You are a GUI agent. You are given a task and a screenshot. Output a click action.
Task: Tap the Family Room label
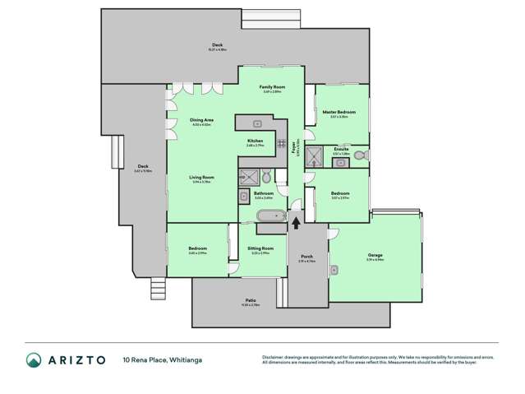[x=272, y=88]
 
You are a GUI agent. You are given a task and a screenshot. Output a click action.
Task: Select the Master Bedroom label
[x=338, y=113]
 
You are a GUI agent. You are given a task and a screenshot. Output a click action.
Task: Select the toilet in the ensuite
[x=362, y=153]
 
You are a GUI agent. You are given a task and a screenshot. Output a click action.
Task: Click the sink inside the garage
[x=334, y=269]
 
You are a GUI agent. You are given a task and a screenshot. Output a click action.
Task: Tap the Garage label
[x=375, y=256]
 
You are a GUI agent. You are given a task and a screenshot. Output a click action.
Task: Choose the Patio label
[x=251, y=302]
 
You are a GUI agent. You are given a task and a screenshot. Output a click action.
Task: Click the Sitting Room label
[x=261, y=248]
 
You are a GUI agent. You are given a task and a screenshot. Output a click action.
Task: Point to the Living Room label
[x=201, y=178]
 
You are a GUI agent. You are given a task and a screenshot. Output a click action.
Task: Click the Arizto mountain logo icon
[x=34, y=359]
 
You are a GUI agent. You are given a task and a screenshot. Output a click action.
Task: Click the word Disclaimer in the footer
[x=273, y=356]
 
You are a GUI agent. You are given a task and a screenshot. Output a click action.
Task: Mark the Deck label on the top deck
[x=217, y=45]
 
